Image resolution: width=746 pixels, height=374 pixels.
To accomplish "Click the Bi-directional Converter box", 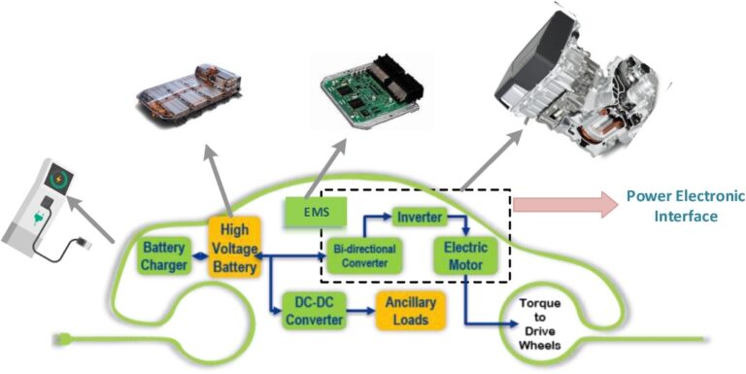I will point(362,255).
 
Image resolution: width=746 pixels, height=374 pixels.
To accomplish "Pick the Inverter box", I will point(420,217).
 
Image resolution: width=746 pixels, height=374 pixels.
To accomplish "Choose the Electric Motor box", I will point(465,255).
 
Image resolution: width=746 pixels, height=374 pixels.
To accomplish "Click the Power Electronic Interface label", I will point(671,206).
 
